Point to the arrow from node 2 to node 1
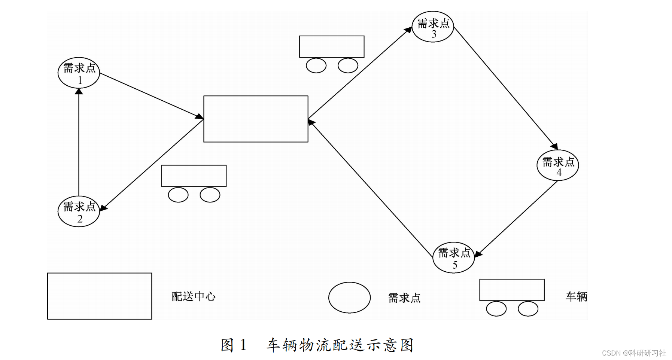tap(79, 142)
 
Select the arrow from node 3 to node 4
tap(506, 88)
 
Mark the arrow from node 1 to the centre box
tap(152, 96)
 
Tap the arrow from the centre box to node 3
tap(360, 73)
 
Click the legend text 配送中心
tap(194, 296)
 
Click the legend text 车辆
tap(577, 296)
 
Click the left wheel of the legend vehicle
tap(496, 309)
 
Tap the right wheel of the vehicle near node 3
tap(348, 65)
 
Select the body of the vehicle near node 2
tap(194, 176)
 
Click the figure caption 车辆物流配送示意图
tap(340, 345)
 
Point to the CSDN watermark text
tap(634, 353)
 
